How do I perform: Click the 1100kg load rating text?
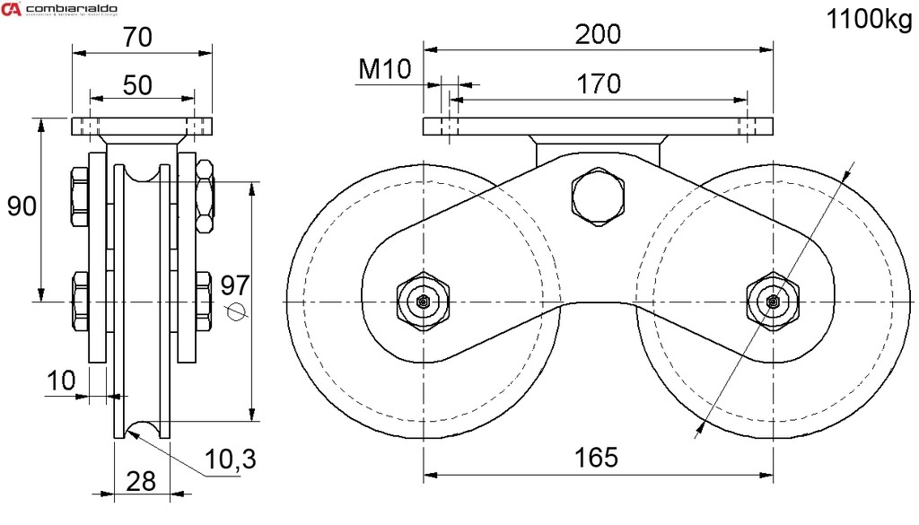click(x=869, y=21)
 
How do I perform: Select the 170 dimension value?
click(x=599, y=83)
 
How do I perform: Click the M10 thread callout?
click(x=384, y=68)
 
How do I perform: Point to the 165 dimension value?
click(x=598, y=457)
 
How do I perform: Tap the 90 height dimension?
click(x=22, y=206)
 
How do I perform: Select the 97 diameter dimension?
click(x=234, y=286)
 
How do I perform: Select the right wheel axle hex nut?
click(x=772, y=302)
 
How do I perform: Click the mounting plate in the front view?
click(x=599, y=127)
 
